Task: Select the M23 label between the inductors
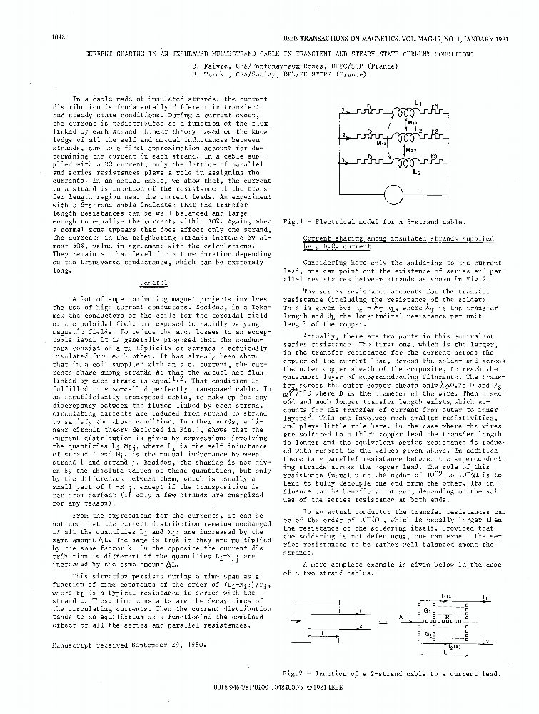412,151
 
